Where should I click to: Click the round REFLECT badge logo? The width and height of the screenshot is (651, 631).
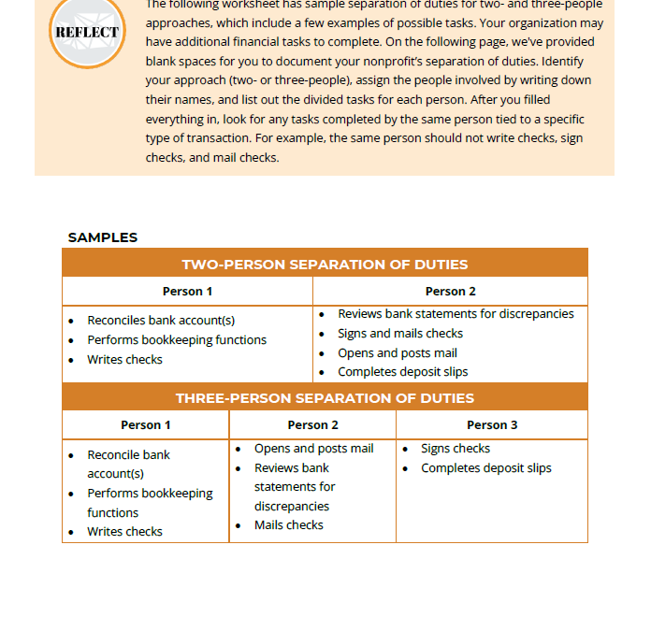[87, 31]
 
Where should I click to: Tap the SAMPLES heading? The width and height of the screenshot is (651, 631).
[103, 237]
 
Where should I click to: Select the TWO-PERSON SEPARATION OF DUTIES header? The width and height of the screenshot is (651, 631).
[325, 264]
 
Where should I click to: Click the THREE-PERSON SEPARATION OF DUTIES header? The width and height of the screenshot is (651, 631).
[325, 398]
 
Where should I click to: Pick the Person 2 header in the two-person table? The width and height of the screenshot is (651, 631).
[450, 291]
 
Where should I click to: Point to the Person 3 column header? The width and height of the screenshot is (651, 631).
[491, 424]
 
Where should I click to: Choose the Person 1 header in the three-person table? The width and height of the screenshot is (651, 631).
[146, 424]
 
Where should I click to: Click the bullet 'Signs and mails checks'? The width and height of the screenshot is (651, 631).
[400, 334]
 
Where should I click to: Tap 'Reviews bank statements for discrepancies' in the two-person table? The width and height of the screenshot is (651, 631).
[456, 314]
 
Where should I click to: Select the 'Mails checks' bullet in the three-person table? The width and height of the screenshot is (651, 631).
[289, 525]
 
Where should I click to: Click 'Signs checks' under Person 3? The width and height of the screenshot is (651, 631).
[456, 449]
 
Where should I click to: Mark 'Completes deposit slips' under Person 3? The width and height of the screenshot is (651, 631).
[486, 468]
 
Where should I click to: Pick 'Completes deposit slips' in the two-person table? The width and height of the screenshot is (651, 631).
[403, 372]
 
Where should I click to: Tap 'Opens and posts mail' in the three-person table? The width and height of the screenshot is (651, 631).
[313, 449]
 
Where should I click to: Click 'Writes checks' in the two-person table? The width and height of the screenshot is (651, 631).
[124, 360]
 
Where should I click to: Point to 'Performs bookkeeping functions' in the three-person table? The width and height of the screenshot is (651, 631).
[150, 503]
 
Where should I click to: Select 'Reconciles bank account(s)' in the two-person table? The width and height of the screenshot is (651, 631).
[161, 321]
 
